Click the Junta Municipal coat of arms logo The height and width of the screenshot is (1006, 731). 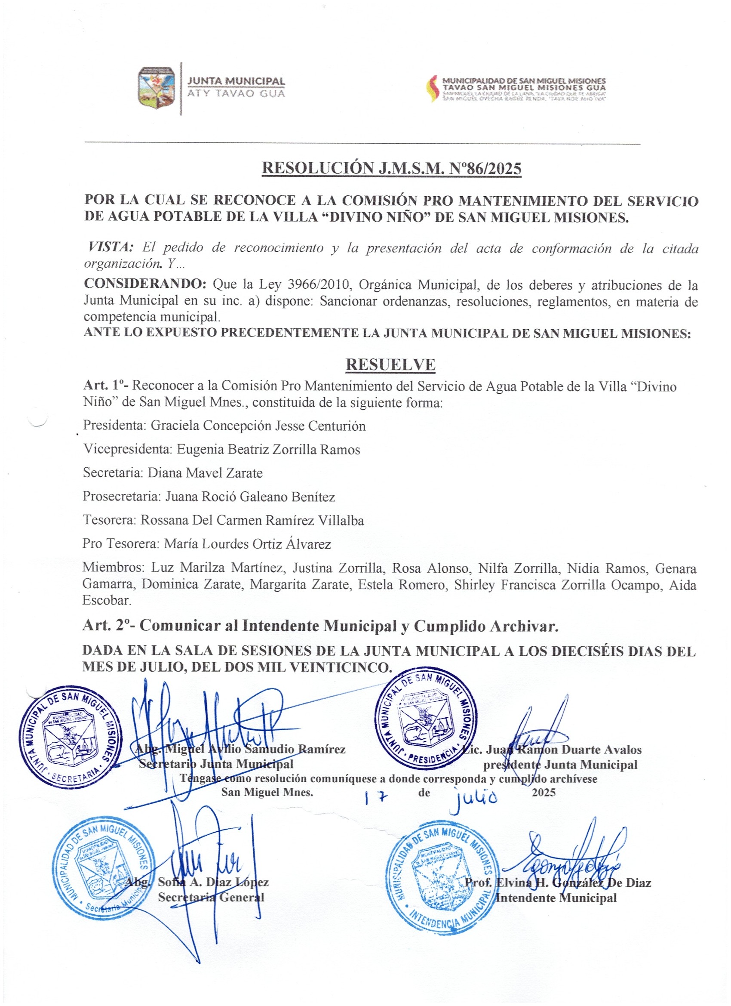(157, 87)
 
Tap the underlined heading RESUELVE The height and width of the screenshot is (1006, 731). (390, 364)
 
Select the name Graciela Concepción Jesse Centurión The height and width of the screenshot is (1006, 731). (258, 426)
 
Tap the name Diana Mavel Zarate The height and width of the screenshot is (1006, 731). (205, 473)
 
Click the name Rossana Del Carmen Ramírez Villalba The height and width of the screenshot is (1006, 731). (252, 520)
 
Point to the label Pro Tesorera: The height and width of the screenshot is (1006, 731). (120, 544)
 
